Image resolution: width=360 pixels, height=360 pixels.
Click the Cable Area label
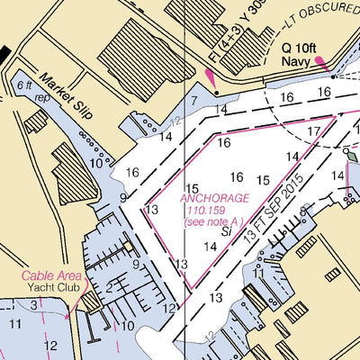(53, 276)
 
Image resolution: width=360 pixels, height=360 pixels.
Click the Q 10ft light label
(300, 47)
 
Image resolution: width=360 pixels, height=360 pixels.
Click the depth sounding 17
(312, 131)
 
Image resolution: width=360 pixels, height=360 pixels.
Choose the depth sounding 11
(15, 322)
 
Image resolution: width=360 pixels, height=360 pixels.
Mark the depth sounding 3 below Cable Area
(32, 306)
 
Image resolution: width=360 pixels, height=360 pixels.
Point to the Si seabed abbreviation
(228, 232)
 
